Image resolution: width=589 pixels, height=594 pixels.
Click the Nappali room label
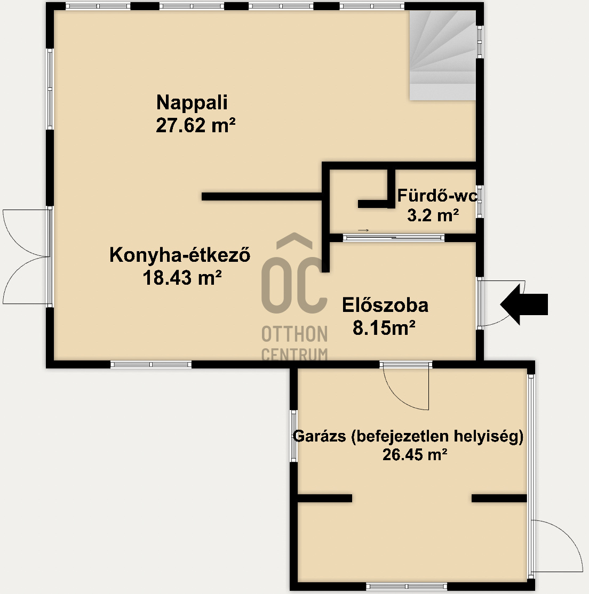pyautogui.click(x=192, y=102)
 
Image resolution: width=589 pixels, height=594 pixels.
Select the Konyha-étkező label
pyautogui.click(x=180, y=255)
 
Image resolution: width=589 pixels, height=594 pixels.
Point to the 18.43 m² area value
pyautogui.click(x=182, y=278)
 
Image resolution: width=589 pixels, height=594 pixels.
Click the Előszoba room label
pyautogui.click(x=385, y=306)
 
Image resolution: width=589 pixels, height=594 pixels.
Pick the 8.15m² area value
pyautogui.click(x=384, y=328)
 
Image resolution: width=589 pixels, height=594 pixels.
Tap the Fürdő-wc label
pyautogui.click(x=437, y=196)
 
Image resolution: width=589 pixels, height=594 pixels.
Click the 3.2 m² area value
pyautogui.click(x=433, y=216)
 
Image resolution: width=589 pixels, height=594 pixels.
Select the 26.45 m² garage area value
pyautogui.click(x=414, y=455)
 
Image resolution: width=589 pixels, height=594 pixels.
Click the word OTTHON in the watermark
pyautogui.click(x=294, y=334)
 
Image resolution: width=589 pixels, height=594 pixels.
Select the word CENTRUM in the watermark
pyautogui.click(x=294, y=354)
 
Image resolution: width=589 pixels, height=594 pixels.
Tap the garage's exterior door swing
pyautogui.click(x=557, y=547)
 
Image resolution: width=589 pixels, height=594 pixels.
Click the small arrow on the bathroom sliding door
pyautogui.click(x=363, y=230)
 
